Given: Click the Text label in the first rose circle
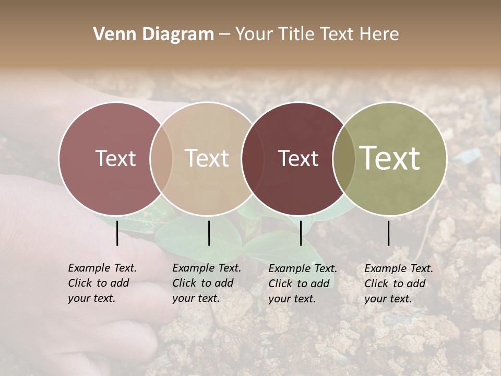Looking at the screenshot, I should point(115,158).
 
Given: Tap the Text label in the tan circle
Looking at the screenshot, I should point(207,158).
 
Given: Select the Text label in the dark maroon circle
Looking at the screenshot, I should point(298,158).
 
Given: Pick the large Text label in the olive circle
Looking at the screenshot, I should point(390,158).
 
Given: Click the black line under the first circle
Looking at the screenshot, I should point(117,233).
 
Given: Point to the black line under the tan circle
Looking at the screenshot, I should point(209,233).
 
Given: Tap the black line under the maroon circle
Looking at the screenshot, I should point(301,233).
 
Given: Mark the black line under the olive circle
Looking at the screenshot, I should point(389,233).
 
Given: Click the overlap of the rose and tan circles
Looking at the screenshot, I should point(161,158).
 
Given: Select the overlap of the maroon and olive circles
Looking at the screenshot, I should point(344,158).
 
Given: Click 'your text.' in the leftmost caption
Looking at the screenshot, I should point(91,299).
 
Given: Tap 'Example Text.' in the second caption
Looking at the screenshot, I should point(207,268).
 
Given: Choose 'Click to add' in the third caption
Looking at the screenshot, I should point(299,284).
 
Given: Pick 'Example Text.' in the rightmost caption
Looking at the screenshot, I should point(399,268).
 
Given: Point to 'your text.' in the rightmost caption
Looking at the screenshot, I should point(388,299).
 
